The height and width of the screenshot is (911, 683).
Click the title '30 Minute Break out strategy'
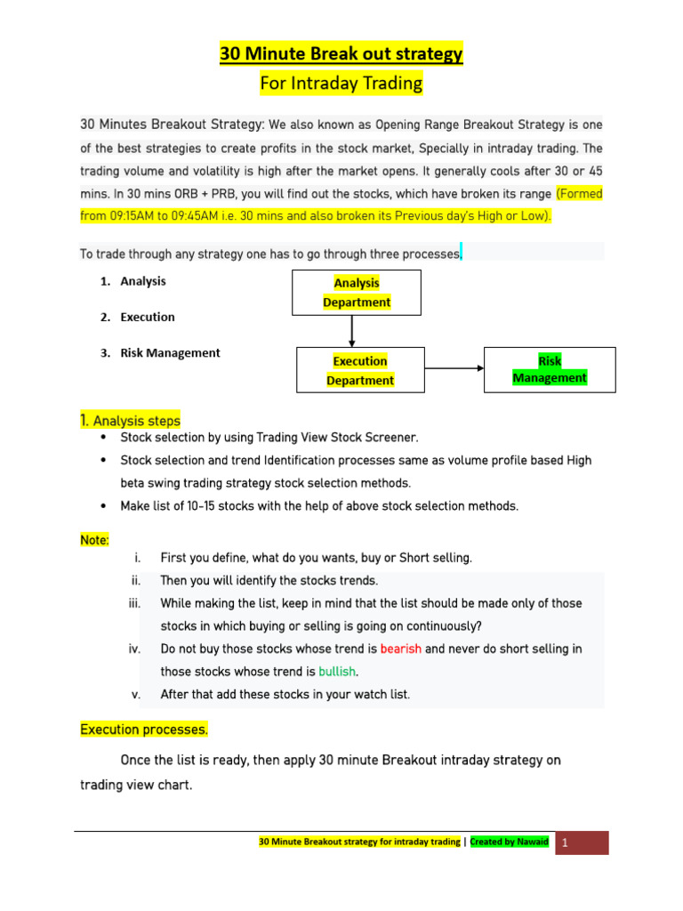[341, 54]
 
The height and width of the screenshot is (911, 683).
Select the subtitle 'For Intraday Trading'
[341, 85]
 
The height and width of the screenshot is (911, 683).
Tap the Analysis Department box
[356, 293]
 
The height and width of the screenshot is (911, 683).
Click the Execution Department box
[359, 370]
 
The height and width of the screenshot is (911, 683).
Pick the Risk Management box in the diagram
[550, 369]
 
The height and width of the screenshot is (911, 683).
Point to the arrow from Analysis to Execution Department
[353, 331]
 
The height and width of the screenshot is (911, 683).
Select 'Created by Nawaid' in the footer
[509, 842]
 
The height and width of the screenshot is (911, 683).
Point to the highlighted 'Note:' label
[95, 540]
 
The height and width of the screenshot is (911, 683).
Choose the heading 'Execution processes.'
[144, 730]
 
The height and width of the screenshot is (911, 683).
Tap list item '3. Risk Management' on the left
[170, 352]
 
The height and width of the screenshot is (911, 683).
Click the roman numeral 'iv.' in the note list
[134, 649]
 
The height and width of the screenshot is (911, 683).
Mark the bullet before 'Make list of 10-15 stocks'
[105, 506]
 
